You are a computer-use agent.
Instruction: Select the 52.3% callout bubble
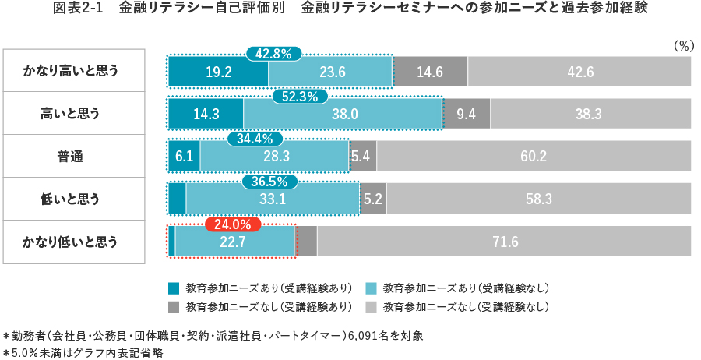coord(300,97)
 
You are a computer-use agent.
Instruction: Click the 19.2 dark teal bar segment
coord(219,72)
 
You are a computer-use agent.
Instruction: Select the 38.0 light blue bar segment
coord(343,114)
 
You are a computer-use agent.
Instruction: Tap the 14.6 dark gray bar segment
coord(430,72)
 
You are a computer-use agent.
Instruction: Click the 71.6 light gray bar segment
coord(505,242)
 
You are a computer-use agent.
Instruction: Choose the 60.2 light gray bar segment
coord(534,157)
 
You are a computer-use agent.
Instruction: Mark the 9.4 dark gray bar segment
coord(466,114)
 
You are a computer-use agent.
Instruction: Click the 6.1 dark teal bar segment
coord(185,157)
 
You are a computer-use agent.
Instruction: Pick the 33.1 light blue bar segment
coord(272,199)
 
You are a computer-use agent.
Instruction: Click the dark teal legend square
coord(174,286)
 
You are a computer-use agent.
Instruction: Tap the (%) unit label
coord(682,45)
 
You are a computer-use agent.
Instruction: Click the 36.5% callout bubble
coord(269,182)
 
